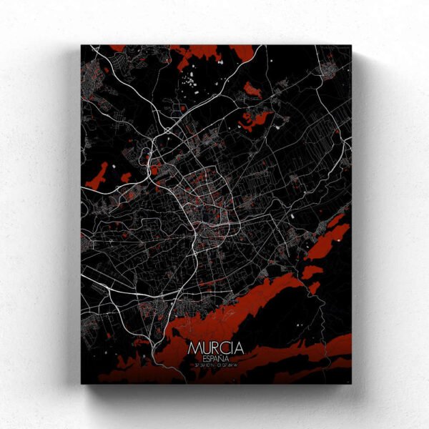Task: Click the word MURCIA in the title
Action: [x=217, y=348]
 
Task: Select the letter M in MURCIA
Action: [x=195, y=348]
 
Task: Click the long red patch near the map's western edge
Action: [x=97, y=177]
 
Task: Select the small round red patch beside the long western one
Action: [x=126, y=177]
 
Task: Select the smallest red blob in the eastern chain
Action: [x=315, y=287]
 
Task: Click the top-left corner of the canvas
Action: [x=82, y=46]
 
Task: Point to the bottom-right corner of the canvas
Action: [x=351, y=383]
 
